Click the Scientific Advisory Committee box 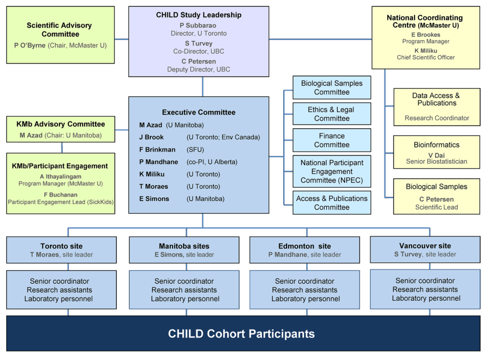[60, 35]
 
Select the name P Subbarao [198, 25]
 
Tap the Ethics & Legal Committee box [332, 114]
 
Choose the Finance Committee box [332, 140]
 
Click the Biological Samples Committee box [332, 88]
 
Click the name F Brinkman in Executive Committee [157, 150]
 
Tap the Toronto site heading [61, 246]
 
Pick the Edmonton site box [305, 250]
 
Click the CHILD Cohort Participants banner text [241, 334]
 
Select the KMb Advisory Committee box [61, 129]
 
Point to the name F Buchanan [60, 195]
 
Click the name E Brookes [425, 35]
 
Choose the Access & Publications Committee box [332, 203]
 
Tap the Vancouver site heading [425, 246]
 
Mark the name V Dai [437, 155]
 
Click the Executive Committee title [199, 112]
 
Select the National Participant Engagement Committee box [332, 171]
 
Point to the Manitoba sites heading [184, 246]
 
